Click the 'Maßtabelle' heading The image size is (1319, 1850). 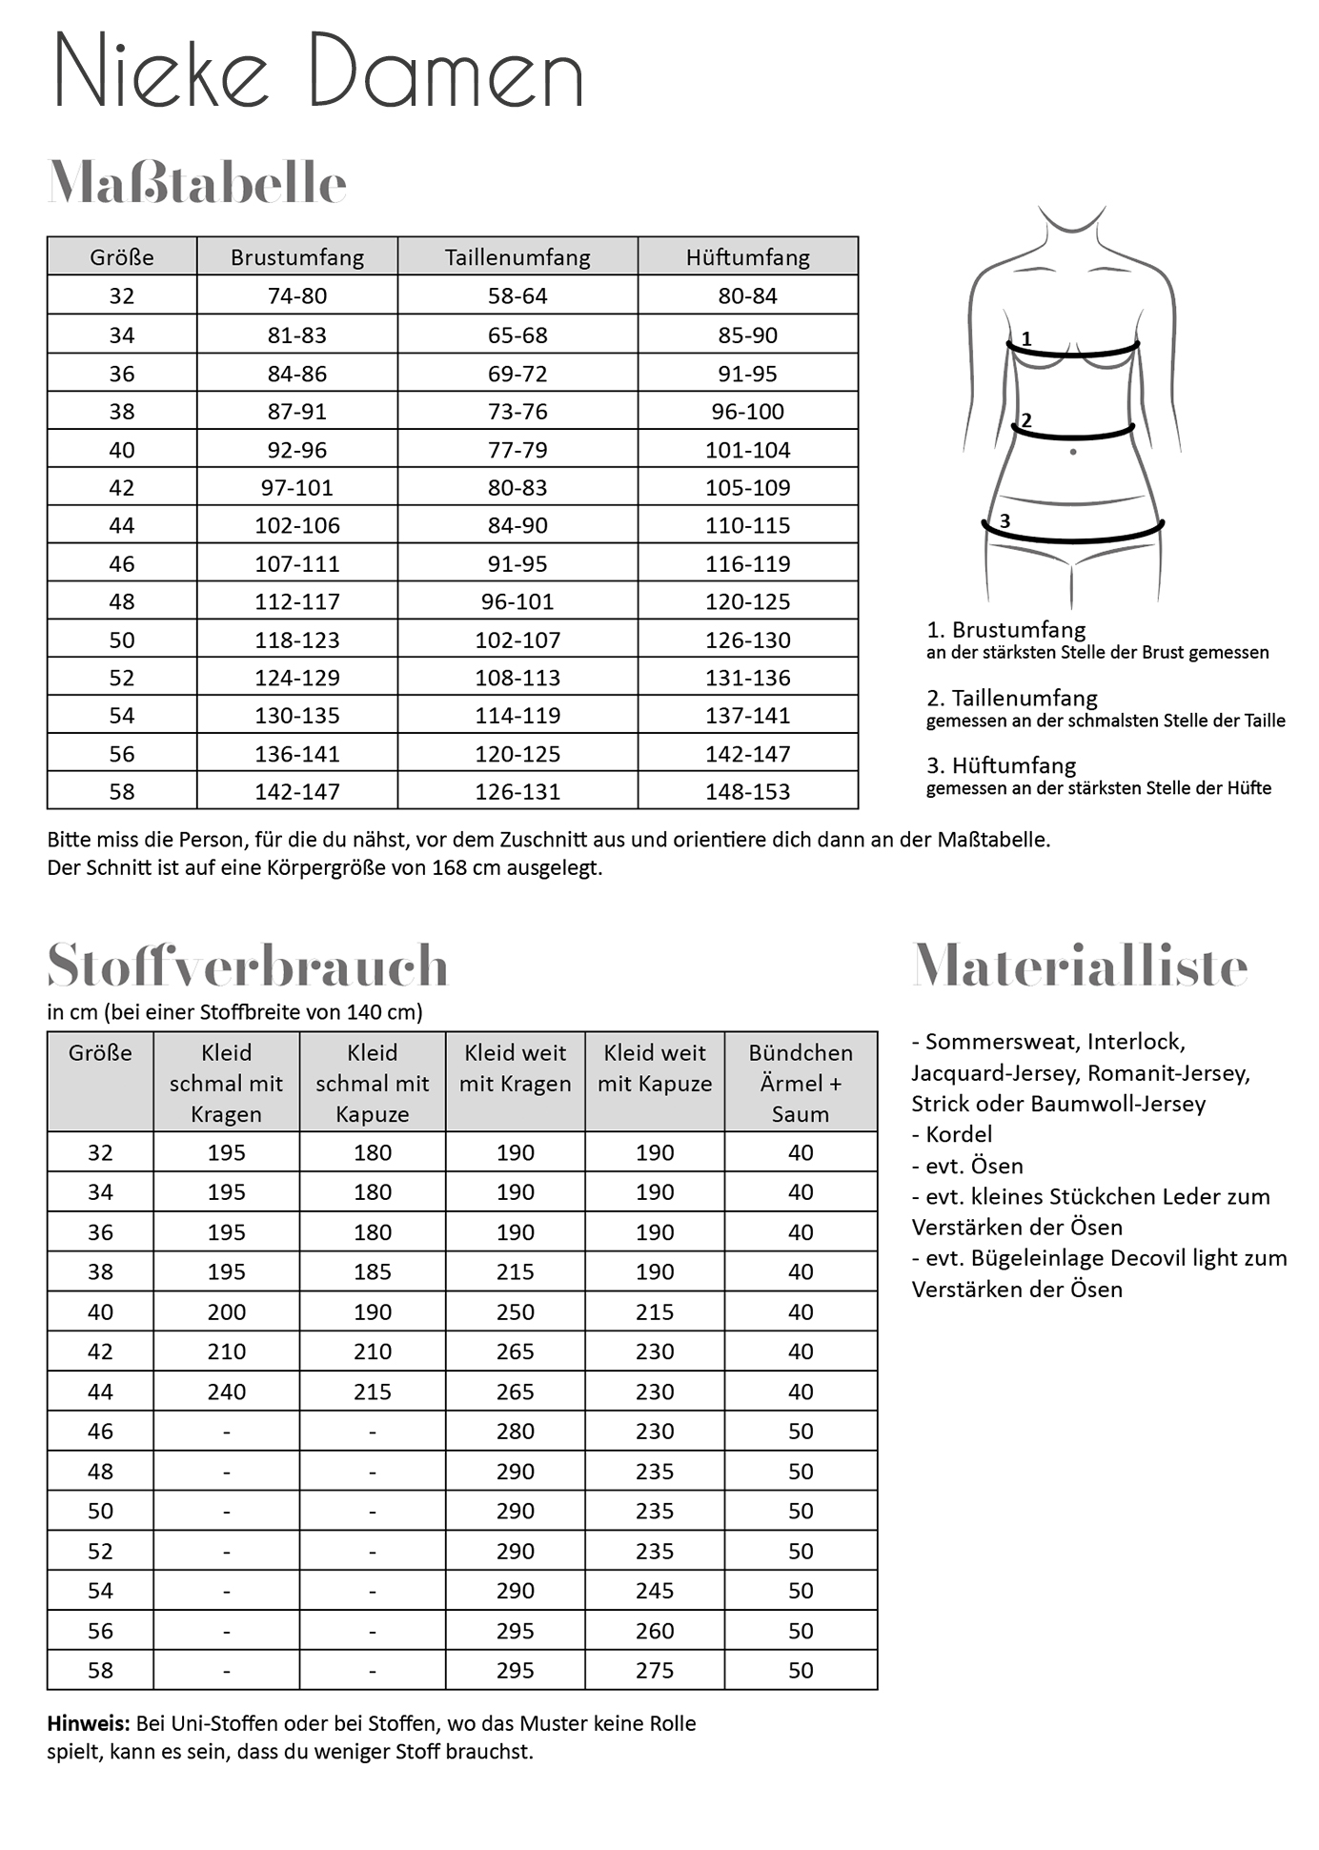click(197, 183)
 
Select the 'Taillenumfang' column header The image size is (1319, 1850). click(517, 257)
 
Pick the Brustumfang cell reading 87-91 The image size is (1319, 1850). click(297, 412)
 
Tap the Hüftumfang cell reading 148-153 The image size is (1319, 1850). click(748, 792)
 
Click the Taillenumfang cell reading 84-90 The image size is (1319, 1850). click(517, 525)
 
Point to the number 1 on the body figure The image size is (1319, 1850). click(1026, 338)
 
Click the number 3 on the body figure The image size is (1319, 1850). click(1004, 521)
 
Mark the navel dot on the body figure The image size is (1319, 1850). click(1073, 452)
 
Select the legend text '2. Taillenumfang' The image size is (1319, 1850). click(1012, 698)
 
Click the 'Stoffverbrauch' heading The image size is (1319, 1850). click(248, 966)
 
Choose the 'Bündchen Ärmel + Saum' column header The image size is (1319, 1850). click(801, 1083)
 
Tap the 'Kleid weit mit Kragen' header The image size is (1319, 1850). click(516, 1067)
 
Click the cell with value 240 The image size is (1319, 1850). click(227, 1392)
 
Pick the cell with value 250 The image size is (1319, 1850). click(516, 1312)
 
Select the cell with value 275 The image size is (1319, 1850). click(655, 1671)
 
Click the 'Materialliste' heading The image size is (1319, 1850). click(1080, 966)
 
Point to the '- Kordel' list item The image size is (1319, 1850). click(952, 1134)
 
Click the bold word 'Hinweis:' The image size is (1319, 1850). click(89, 1723)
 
